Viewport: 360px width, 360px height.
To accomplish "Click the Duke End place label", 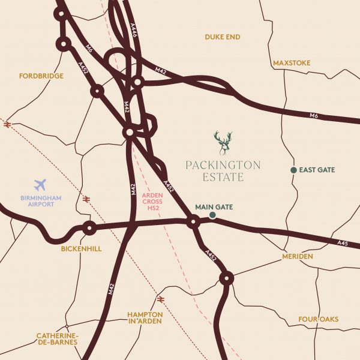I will (223, 37).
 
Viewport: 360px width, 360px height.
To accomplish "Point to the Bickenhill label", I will (81, 248).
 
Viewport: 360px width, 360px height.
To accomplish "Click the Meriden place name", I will (297, 256).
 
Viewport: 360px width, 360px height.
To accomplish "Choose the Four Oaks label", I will (319, 319).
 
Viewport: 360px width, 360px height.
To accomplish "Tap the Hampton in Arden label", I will (145, 317).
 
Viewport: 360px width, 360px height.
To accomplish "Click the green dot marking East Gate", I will (293, 170).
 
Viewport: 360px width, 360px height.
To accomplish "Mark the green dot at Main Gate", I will (212, 215).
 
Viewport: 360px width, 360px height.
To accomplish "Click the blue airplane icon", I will (41, 184).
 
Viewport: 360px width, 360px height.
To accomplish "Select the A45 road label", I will (343, 243).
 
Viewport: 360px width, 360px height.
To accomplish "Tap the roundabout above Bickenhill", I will (89, 228).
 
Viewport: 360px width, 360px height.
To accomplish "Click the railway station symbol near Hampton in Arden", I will (160, 298).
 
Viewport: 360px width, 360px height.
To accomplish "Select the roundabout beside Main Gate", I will (193, 223).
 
